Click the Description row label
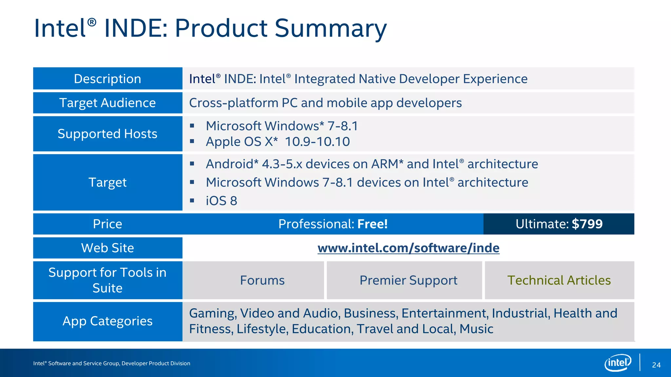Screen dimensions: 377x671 pos(107,79)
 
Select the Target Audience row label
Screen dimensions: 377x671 pos(107,103)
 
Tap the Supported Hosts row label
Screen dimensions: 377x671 pos(107,134)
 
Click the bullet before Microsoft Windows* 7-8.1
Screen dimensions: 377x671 pos(192,126)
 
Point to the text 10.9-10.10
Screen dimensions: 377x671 pos(317,142)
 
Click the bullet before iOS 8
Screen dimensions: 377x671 pos(192,200)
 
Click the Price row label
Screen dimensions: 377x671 pos(107,224)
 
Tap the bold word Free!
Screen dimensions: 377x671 pos(372,224)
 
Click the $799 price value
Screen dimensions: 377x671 pos(587,224)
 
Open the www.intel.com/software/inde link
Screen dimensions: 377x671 pos(408,248)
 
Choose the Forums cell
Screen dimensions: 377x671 pos(262,280)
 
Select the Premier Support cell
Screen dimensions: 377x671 pos(408,280)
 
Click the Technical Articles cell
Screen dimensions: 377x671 pos(559,280)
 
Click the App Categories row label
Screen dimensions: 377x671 pos(107,321)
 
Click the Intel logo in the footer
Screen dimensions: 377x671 pos(618,363)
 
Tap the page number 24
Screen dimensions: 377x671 pos(656,365)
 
